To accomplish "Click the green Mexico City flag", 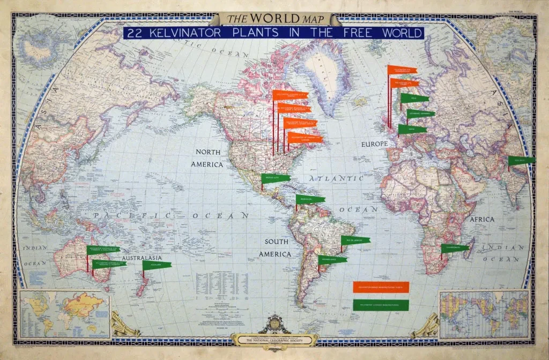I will (276, 178).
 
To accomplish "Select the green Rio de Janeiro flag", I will (355, 240).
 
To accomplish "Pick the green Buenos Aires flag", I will (332, 260).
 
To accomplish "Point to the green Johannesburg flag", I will (455, 247).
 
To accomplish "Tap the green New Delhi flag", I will (522, 160).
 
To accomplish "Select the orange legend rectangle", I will (381, 287).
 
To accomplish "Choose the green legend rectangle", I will (381, 305).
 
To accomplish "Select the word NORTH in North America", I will (208, 153).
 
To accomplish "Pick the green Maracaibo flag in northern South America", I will (310, 199).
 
